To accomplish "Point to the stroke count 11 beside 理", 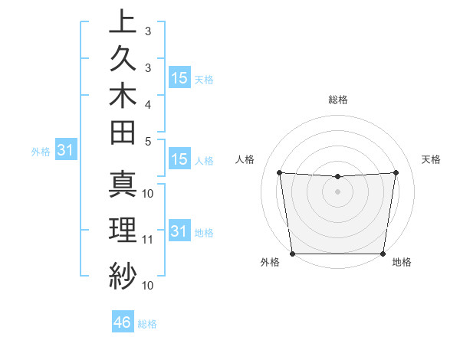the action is pyautogui.click(x=148, y=239).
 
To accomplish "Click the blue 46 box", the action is pyautogui.click(x=123, y=322).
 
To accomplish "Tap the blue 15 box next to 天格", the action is pyautogui.click(x=179, y=78).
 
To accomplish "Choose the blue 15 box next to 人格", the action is pyautogui.click(x=179, y=159).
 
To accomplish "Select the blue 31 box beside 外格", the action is pyautogui.click(x=65, y=151).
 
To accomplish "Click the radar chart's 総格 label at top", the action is pyautogui.click(x=337, y=100).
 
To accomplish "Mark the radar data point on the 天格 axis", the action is pyautogui.click(x=396, y=172).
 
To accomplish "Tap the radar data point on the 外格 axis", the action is pyautogui.click(x=292, y=253).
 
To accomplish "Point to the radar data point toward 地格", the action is pyautogui.click(x=383, y=254).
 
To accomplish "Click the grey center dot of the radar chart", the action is pyautogui.click(x=337, y=191).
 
